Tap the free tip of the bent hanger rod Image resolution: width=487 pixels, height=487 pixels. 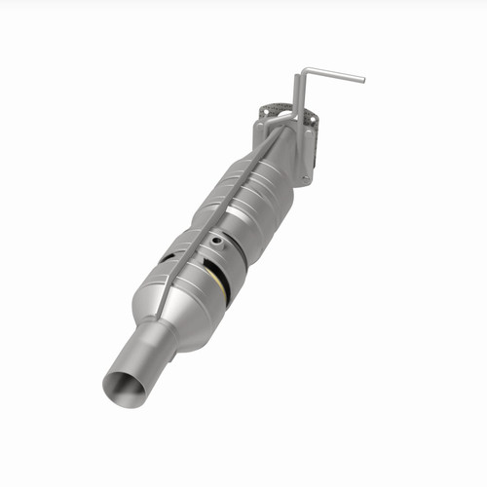point(361,78)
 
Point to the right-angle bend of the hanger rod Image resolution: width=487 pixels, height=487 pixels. point(303,69)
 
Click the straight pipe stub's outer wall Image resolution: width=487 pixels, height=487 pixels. point(146,360)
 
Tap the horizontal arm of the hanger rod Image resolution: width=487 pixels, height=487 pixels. point(333,74)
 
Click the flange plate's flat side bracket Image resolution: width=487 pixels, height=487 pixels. point(308,146)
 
